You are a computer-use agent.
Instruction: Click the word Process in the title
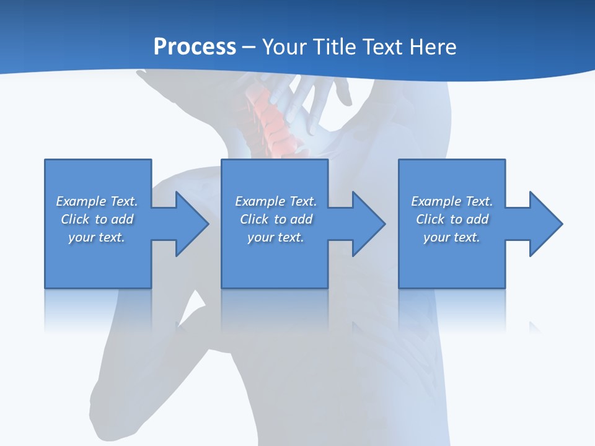tap(195, 47)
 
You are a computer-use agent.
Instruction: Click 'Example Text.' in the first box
tap(97, 201)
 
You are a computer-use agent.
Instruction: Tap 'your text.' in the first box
tap(97, 237)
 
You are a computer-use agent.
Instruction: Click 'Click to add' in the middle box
tap(276, 219)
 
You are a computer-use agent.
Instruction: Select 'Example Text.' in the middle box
tap(276, 201)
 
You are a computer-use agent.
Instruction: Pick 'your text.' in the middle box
tap(276, 237)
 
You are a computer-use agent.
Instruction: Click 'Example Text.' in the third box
tap(452, 201)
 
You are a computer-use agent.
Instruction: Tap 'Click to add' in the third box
tap(452, 219)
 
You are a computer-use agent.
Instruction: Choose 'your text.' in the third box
tap(452, 237)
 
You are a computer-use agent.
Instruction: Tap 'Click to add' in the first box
tap(97, 219)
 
